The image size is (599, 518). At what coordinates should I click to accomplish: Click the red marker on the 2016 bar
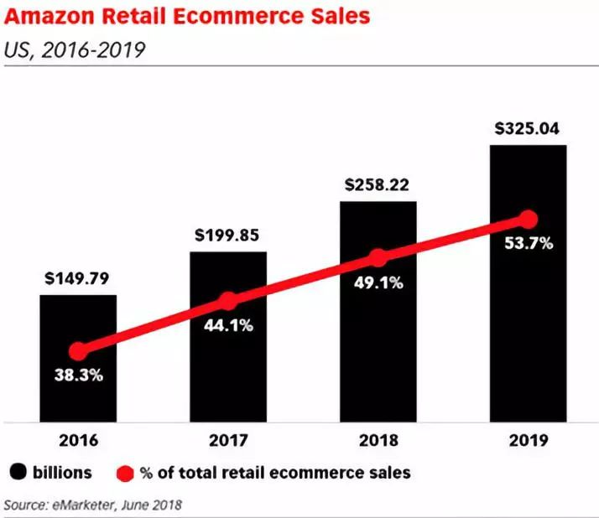coord(78,351)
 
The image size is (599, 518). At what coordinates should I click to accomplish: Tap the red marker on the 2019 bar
coord(528,220)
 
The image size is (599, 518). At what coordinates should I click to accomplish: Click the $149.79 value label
coord(78,277)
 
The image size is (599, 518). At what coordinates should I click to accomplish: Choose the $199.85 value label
coord(228,234)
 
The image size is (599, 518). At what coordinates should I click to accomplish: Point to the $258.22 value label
coord(378,184)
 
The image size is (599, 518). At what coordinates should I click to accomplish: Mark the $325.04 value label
coord(528,128)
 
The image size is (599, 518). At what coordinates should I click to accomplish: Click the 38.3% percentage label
coord(78,375)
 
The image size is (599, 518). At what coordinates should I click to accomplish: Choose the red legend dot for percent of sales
coord(124,474)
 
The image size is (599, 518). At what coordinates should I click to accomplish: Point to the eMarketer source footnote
coord(93,505)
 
